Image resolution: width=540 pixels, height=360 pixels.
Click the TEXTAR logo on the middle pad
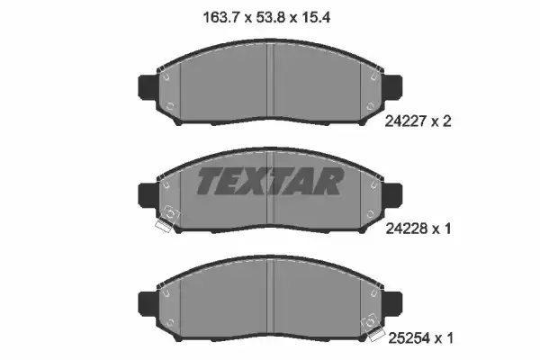point(270,182)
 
